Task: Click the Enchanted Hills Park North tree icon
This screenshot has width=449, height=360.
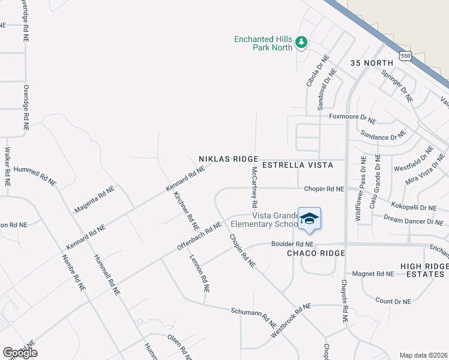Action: point(301,43)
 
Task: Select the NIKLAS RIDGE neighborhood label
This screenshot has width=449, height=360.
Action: point(228,160)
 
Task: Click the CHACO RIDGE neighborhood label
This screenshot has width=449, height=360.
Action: point(316,253)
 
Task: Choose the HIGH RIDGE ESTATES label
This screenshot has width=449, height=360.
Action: point(424,270)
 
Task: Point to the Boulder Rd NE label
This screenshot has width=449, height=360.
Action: point(292,244)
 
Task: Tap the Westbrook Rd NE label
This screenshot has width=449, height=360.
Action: point(291,319)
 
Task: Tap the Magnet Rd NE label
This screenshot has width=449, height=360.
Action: point(373,274)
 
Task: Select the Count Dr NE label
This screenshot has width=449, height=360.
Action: point(393,301)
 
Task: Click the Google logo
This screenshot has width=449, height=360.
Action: point(20,353)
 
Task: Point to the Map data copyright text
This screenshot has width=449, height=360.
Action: point(423,355)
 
